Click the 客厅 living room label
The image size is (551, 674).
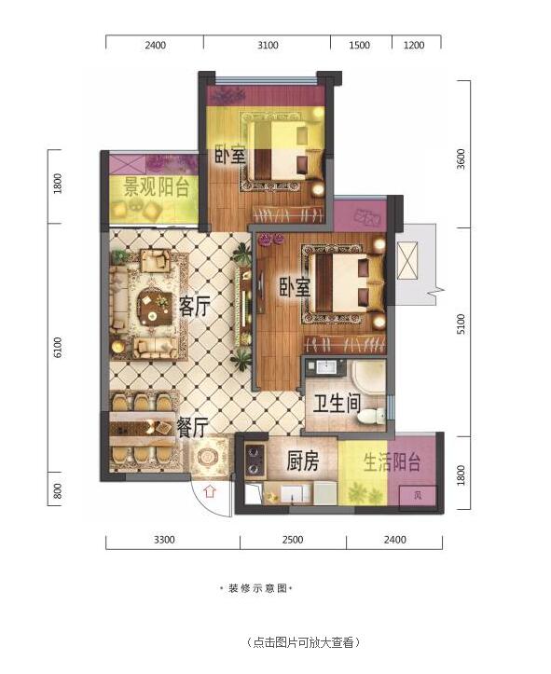[x=195, y=306]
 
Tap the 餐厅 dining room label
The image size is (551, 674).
[x=193, y=427]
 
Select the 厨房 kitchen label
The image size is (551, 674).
[x=303, y=461]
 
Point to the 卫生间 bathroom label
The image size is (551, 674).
[x=337, y=404]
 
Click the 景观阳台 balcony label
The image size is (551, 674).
[x=156, y=187]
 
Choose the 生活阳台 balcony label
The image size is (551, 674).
[x=392, y=462]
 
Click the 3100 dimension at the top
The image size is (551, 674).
[x=268, y=45]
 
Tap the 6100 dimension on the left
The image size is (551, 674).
[x=58, y=348]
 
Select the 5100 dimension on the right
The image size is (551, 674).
[x=461, y=324]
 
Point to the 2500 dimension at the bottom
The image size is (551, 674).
[x=293, y=540]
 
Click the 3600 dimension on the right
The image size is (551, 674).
[x=461, y=158]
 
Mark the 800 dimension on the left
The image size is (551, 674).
[x=58, y=491]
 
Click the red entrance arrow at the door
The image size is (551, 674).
[x=210, y=490]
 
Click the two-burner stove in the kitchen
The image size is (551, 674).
[x=255, y=460]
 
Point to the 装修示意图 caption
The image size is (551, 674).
[x=256, y=588]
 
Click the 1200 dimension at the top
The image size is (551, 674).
[x=413, y=45]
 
